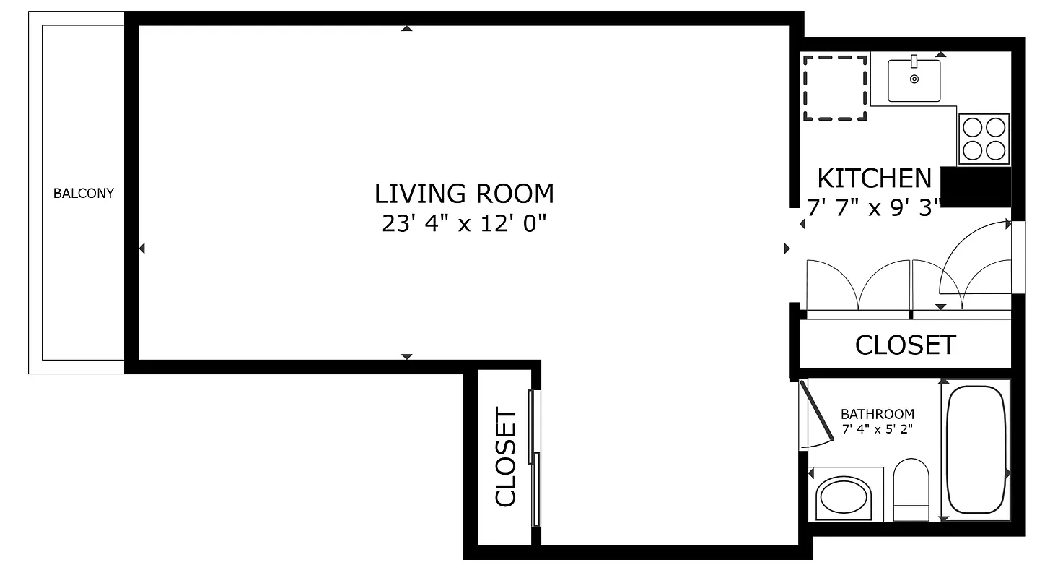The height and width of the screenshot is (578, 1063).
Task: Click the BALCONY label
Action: (x=84, y=194)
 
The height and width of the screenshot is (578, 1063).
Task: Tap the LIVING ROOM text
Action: (x=464, y=194)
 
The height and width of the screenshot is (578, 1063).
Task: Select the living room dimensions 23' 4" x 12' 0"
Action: (x=464, y=224)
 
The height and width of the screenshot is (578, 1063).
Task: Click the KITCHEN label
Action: (x=874, y=178)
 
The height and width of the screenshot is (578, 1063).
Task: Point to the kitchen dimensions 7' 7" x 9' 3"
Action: (x=875, y=209)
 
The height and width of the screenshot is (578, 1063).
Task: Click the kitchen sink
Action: (x=914, y=81)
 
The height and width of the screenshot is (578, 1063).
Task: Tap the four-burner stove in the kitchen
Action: (x=984, y=139)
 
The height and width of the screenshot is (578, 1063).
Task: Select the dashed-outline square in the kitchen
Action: (x=835, y=87)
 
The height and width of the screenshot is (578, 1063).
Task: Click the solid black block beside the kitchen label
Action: (x=976, y=186)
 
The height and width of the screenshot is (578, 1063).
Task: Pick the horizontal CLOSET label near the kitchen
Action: (x=905, y=345)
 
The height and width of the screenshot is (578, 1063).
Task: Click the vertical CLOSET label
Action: (x=506, y=457)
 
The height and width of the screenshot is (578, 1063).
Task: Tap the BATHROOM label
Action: (x=877, y=415)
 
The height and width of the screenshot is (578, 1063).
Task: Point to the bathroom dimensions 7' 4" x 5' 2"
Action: (x=877, y=430)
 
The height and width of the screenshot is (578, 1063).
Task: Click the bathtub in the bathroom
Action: (x=976, y=449)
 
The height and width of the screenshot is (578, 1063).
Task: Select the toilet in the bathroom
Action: (x=911, y=490)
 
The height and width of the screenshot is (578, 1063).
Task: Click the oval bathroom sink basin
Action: (x=843, y=499)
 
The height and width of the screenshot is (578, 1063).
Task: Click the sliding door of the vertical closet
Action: (x=534, y=457)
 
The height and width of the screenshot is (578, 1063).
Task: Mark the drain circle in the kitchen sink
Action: (x=914, y=79)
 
